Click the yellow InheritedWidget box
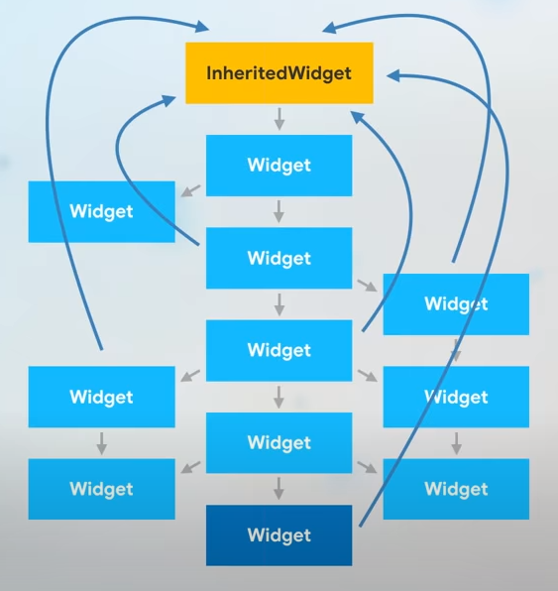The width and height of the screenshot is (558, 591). (279, 72)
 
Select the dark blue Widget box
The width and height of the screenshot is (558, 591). (279, 535)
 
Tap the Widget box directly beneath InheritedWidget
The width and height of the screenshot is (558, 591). (279, 166)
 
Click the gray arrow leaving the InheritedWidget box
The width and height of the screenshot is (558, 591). (279, 119)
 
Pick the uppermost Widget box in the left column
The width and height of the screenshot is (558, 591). (101, 211)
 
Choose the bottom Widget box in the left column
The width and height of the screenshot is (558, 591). (101, 489)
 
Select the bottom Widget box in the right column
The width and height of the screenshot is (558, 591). (456, 489)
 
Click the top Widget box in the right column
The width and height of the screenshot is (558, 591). (456, 303)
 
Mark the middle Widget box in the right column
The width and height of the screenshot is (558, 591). (456, 397)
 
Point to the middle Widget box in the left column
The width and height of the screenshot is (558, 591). (101, 397)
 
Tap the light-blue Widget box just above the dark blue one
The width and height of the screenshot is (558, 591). (279, 442)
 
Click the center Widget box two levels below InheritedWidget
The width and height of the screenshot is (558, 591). (279, 258)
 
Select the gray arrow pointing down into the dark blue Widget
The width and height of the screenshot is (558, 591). (279, 488)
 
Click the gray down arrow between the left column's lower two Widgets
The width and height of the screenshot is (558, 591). (101, 442)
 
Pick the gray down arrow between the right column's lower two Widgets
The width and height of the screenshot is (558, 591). (456, 442)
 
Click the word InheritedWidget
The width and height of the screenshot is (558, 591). (279, 72)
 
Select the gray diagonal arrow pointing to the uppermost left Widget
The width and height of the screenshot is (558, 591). (189, 190)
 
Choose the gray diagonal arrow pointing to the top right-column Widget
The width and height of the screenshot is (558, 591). (368, 285)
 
